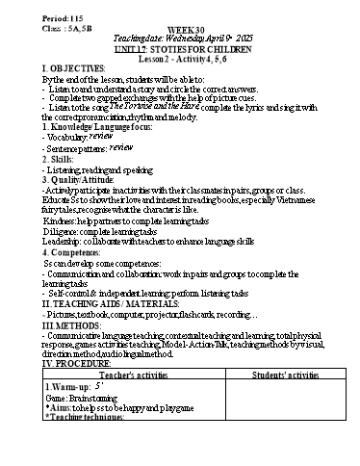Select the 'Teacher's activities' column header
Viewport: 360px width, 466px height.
(x=131, y=375)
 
